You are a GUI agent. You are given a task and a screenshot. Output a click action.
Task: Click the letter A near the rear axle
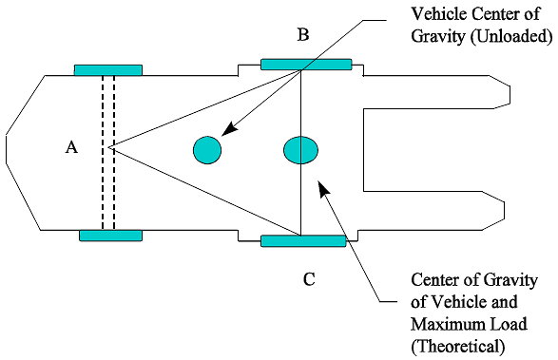tap(70, 147)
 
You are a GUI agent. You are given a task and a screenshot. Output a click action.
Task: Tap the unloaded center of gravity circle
tap(207, 149)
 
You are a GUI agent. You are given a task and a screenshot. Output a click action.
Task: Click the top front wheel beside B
tap(306, 64)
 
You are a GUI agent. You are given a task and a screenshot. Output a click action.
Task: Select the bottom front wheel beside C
tap(303, 241)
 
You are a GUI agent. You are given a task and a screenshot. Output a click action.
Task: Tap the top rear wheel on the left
tap(108, 70)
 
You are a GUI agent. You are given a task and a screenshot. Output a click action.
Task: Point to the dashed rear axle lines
tap(108, 152)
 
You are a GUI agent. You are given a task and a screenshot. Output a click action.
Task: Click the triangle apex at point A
tap(110, 148)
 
